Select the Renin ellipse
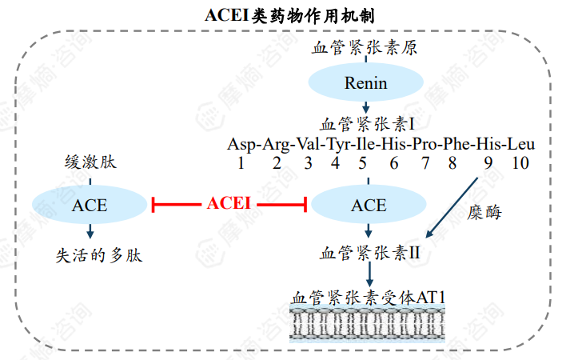[365, 82]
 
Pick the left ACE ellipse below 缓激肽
[90, 206]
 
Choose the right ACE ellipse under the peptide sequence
[368, 206]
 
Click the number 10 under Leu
[520, 164]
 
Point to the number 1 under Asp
[240, 164]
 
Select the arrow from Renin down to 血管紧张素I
[365, 107]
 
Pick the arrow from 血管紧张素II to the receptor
[369, 276]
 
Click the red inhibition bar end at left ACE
[152, 206]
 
